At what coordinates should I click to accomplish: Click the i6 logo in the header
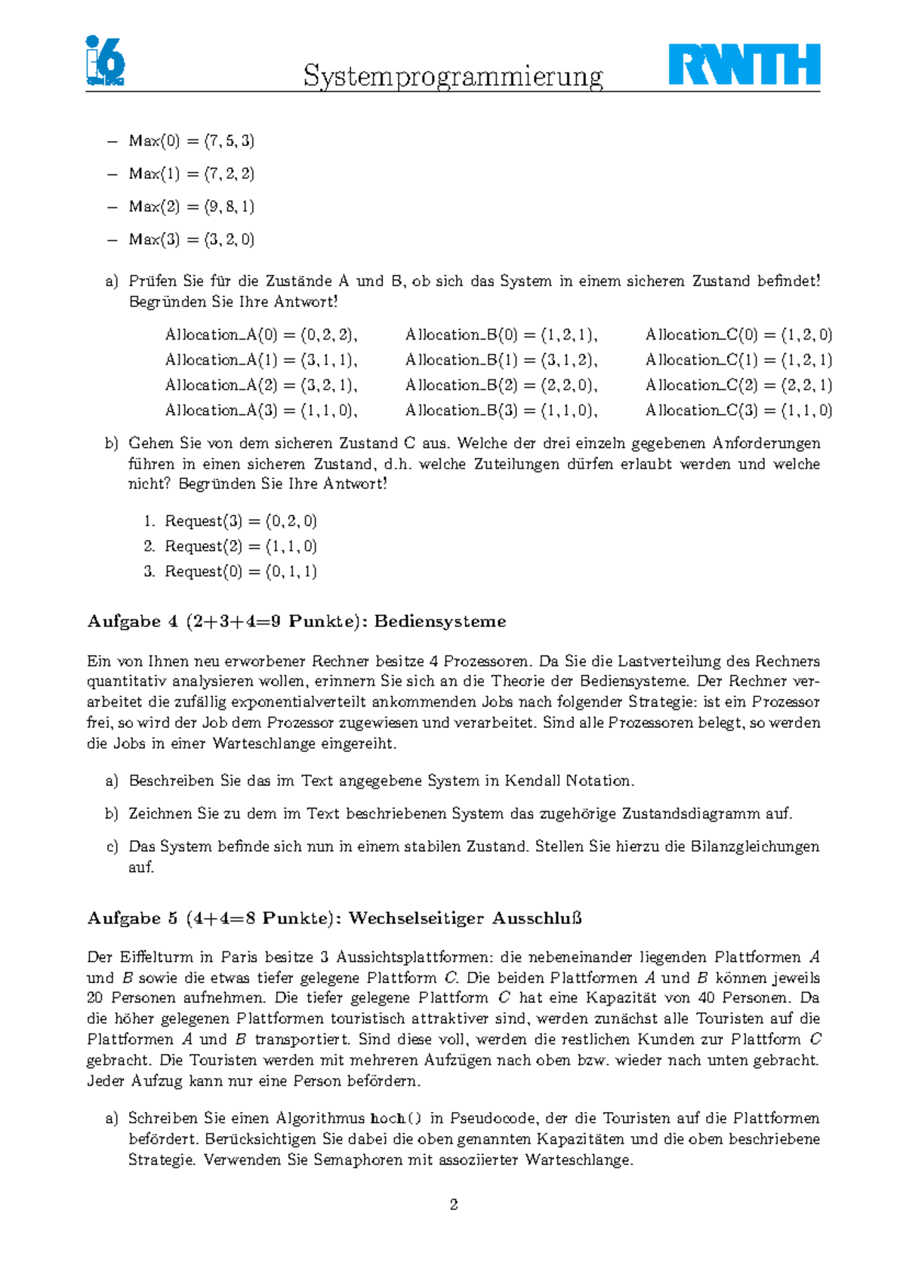click(105, 60)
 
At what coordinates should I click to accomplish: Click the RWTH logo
click(744, 65)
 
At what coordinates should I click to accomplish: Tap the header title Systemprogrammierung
click(453, 76)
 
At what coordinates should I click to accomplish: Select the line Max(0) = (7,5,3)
click(191, 141)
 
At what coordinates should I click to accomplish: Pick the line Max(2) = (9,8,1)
click(191, 207)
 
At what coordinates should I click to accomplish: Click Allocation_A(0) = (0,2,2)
click(260, 335)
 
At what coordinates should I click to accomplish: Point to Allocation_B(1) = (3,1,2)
click(501, 360)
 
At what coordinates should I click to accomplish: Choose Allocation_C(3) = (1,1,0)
click(738, 410)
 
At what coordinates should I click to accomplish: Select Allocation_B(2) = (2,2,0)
click(501, 386)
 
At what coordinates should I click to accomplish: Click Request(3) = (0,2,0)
click(241, 521)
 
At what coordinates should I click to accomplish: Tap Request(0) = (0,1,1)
click(241, 572)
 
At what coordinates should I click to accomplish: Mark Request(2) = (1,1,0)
click(241, 546)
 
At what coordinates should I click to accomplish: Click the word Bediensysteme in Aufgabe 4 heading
click(440, 622)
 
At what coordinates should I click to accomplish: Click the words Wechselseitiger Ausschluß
click(465, 918)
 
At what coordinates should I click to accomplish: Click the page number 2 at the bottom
click(454, 1205)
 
